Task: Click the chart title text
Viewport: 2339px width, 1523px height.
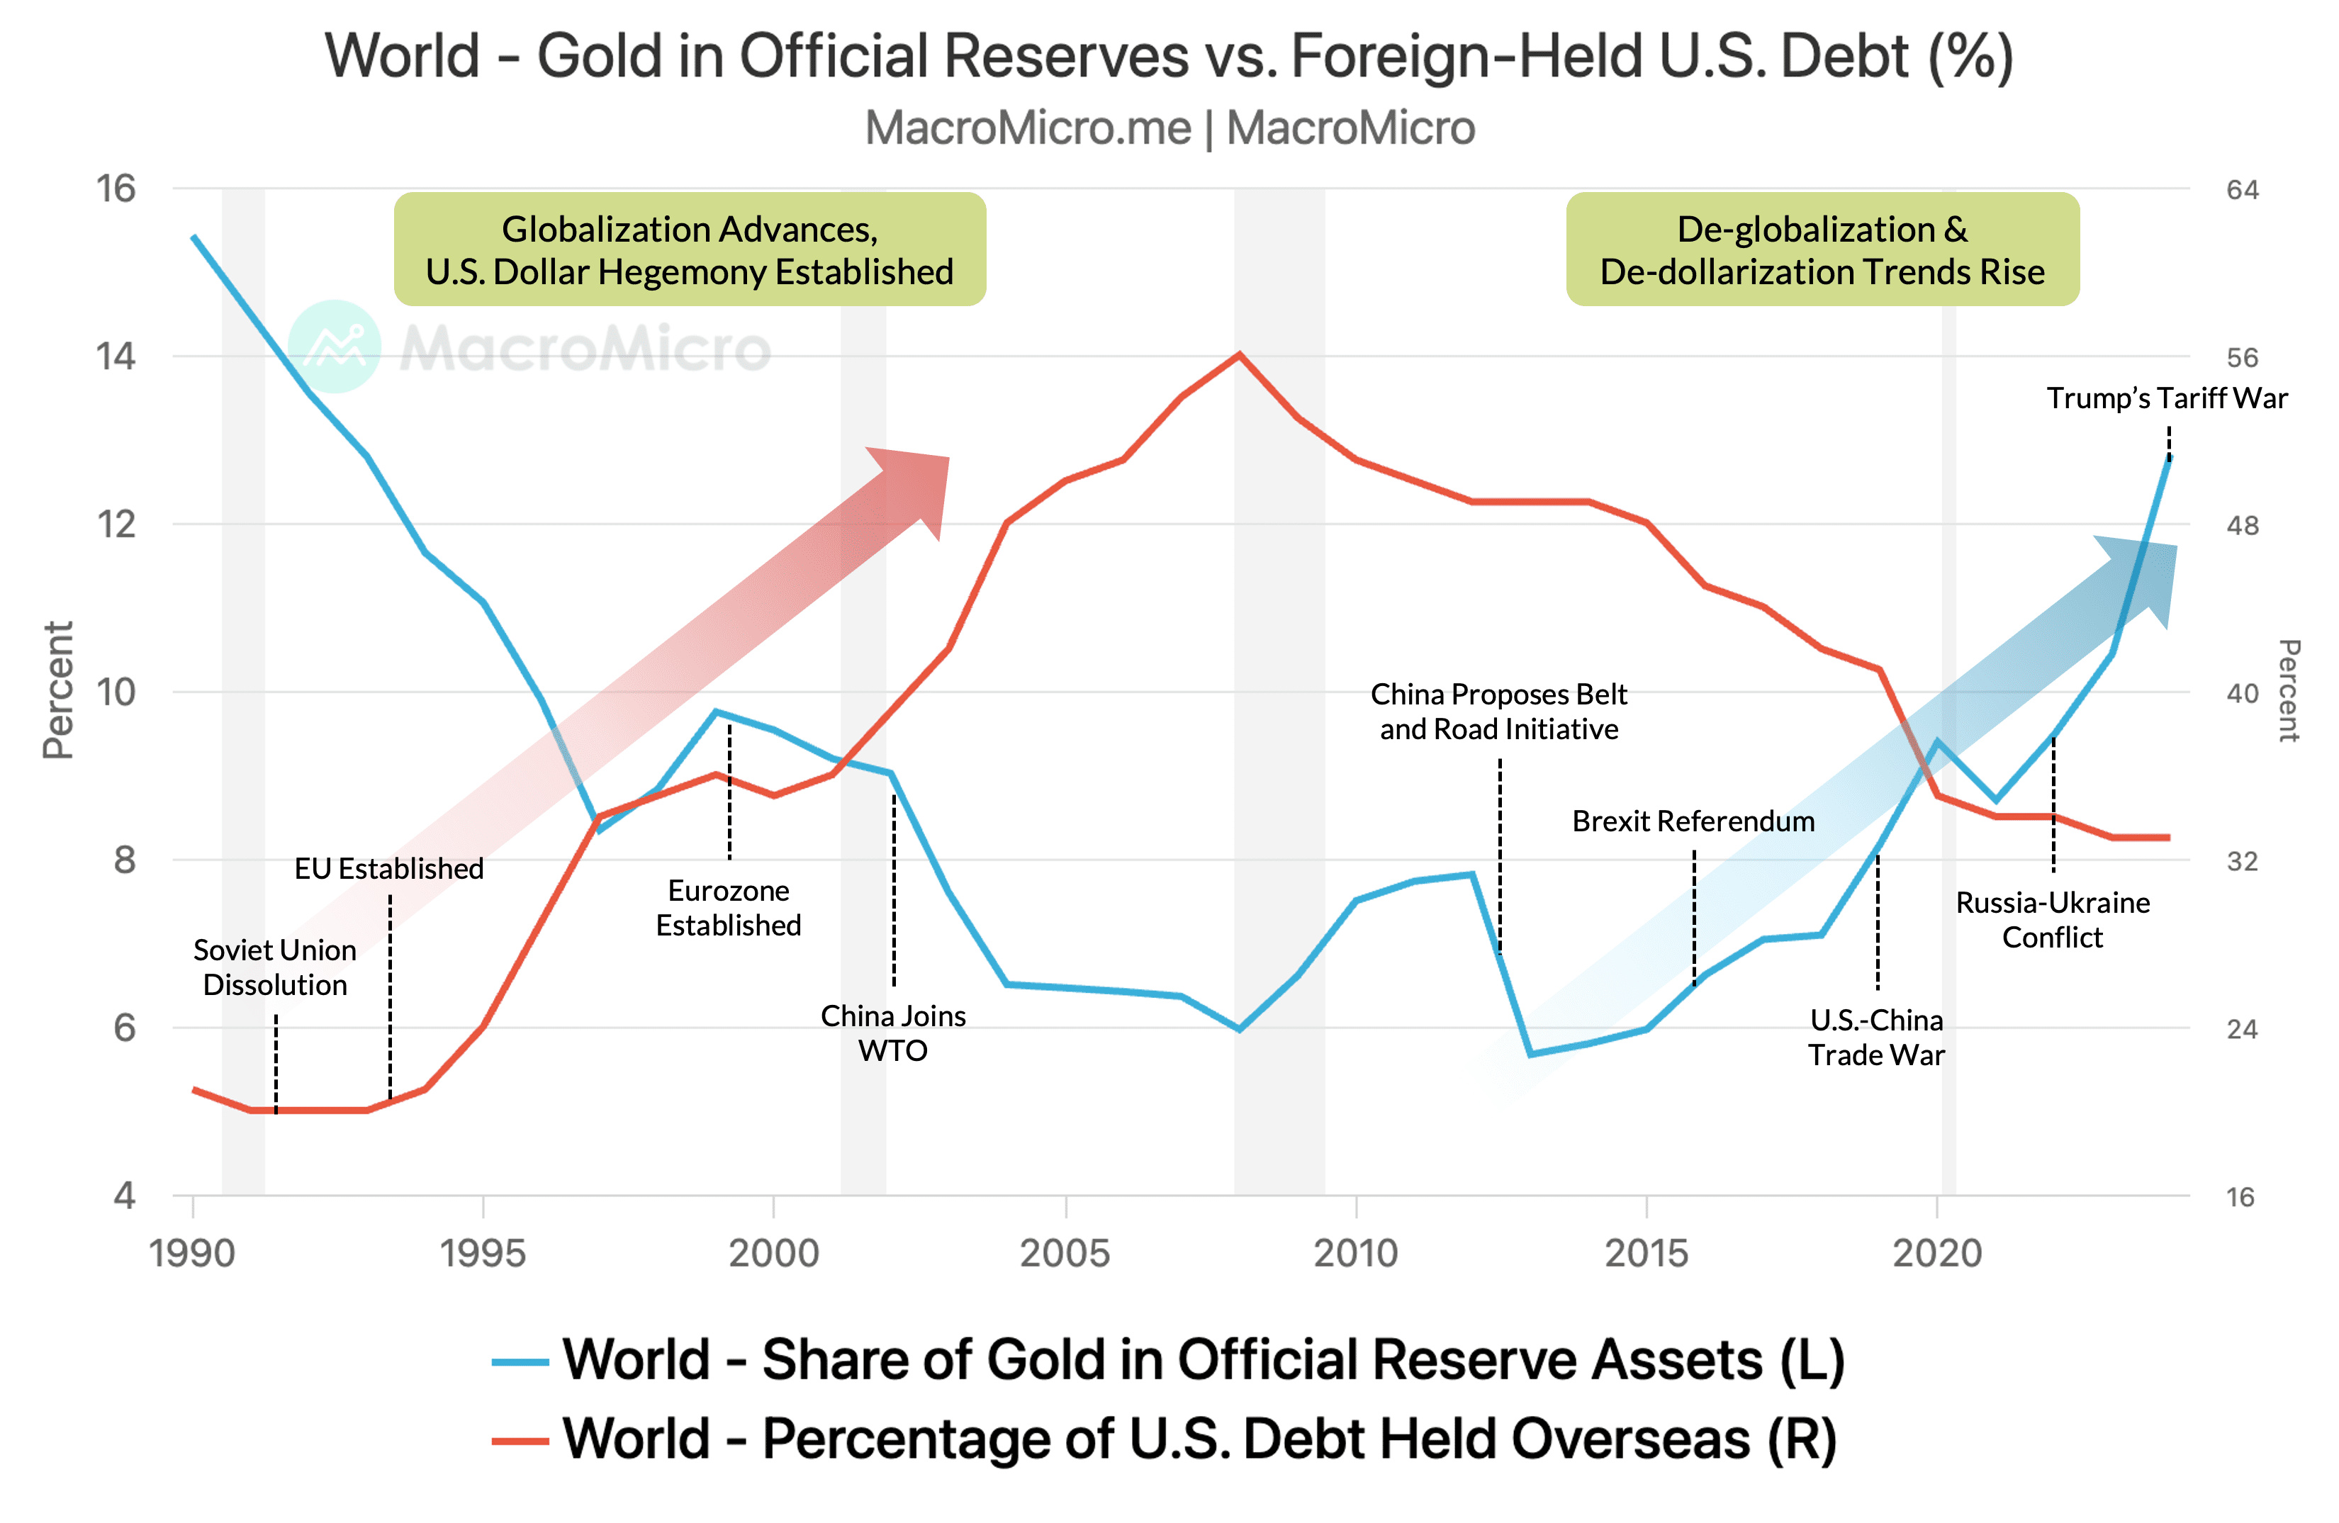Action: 1169,56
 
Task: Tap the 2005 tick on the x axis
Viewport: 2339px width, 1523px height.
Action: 1065,1253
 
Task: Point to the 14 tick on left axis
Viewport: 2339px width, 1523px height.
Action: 116,356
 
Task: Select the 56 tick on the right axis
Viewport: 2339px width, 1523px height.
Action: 2243,358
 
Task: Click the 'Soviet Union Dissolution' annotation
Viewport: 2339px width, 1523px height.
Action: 275,967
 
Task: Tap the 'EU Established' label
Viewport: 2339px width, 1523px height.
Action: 389,869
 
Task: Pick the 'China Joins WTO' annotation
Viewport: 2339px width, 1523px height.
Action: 892,1033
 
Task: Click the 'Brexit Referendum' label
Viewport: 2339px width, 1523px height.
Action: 1693,821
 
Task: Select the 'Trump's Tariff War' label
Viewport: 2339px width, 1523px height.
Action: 2166,398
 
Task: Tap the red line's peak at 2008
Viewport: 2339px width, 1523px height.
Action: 1239,355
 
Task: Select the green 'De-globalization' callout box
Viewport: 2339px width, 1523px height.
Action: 1822,249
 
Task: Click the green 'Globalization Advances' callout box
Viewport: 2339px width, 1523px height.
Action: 690,249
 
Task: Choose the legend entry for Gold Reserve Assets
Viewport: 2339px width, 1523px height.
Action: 1169,1361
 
